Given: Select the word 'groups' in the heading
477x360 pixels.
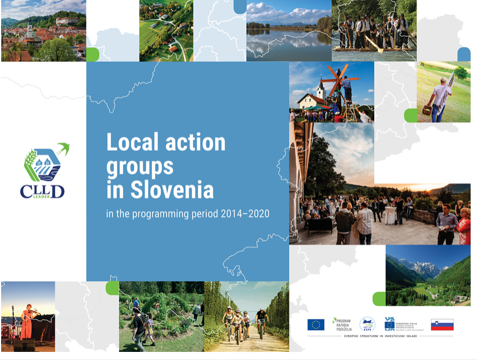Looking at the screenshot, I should (x=139, y=167).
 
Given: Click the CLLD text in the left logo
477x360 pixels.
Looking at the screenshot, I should (x=42, y=191).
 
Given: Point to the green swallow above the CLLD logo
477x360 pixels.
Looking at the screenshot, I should (x=62, y=150).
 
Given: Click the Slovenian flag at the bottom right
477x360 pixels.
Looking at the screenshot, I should (x=442, y=324).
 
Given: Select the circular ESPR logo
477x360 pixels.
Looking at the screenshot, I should (x=367, y=324).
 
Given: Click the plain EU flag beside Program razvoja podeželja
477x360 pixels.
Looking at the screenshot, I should (x=316, y=324).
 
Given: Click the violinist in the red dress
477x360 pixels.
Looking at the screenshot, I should (x=27, y=317).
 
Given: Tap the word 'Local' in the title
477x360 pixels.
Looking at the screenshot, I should (x=132, y=142).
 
